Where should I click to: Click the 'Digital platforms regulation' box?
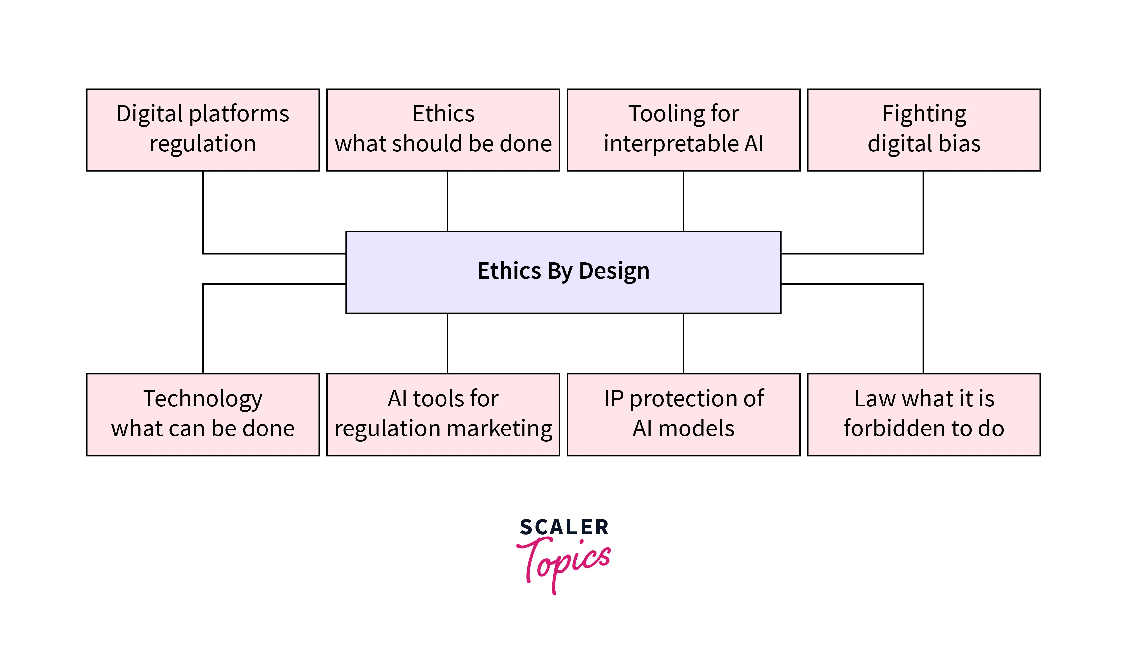203,130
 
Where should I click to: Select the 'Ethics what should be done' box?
443,130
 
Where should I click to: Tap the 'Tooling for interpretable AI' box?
683,130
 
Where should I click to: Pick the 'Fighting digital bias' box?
923,130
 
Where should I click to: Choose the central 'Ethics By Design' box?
563,272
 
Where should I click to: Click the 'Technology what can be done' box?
203,415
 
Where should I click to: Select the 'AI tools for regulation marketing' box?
443,415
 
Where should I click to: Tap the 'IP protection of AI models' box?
683,415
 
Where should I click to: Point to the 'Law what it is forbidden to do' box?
923,415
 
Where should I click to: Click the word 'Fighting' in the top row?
924,114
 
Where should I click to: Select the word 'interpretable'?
671,144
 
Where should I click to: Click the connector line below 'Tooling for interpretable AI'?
683,201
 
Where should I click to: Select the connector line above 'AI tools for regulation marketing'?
448,343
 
